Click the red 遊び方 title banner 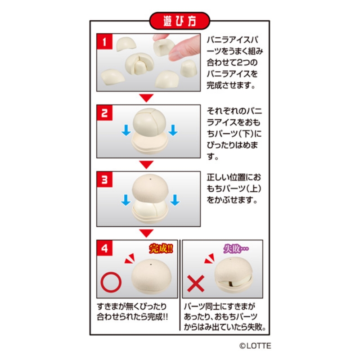pos(180,21)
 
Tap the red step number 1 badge pos(105,41)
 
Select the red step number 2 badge pos(105,113)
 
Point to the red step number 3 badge pos(105,179)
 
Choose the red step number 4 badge pos(105,248)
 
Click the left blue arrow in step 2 pos(126,130)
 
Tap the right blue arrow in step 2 pos(173,130)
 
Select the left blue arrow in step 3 pos(126,200)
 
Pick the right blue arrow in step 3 pos(175,200)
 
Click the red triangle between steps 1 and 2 pos(146,98)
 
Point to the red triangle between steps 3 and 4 pos(146,233)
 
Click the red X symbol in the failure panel pos(196,283)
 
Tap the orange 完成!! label pos(161,248)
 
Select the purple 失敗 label pos(236,249)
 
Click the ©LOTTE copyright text pos(255,346)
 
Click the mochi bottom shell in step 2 pos(150,144)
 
